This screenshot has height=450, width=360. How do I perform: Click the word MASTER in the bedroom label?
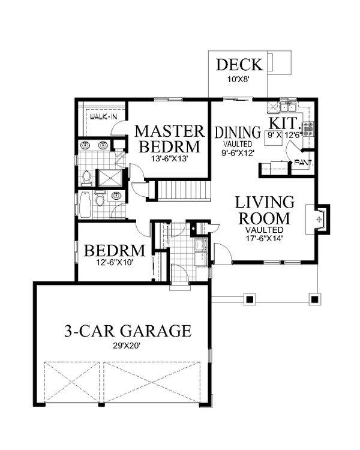[x=167, y=131]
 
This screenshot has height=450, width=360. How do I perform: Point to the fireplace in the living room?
[x=319, y=218]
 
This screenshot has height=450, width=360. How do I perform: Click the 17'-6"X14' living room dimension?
[x=264, y=238]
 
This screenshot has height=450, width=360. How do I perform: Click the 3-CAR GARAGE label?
[x=127, y=331]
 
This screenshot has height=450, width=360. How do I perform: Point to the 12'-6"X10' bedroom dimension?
[x=113, y=262]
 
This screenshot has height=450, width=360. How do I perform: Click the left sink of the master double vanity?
[x=85, y=145]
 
